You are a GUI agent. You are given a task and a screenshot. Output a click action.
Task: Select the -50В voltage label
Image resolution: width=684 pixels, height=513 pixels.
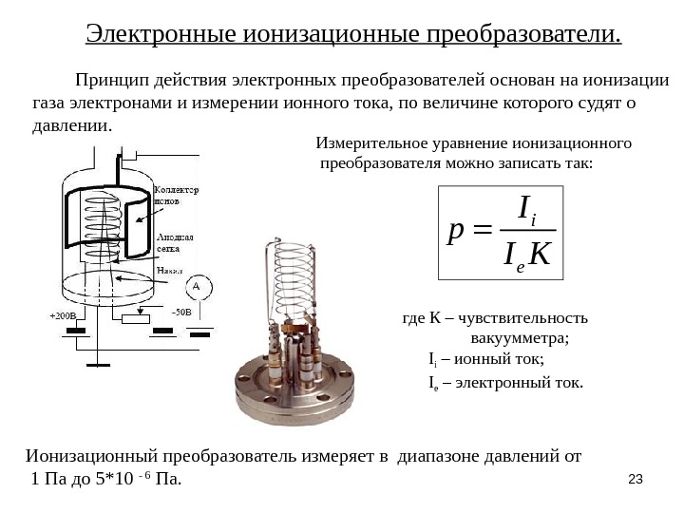point(180,311)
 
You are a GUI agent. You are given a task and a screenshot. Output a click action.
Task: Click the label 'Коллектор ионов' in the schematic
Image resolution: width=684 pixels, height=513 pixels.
point(176,196)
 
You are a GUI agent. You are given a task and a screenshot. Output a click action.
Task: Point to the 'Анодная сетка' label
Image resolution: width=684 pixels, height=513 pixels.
point(175,242)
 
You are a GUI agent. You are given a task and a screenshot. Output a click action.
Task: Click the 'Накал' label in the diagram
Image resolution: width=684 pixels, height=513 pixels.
point(171,270)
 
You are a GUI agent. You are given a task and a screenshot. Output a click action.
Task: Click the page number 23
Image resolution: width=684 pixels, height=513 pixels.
point(638,477)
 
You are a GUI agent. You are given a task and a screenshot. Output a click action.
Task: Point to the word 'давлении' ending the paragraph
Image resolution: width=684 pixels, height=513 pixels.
point(70,125)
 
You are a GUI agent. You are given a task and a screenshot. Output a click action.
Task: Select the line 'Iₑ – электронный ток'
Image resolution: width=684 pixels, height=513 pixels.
point(502,383)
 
